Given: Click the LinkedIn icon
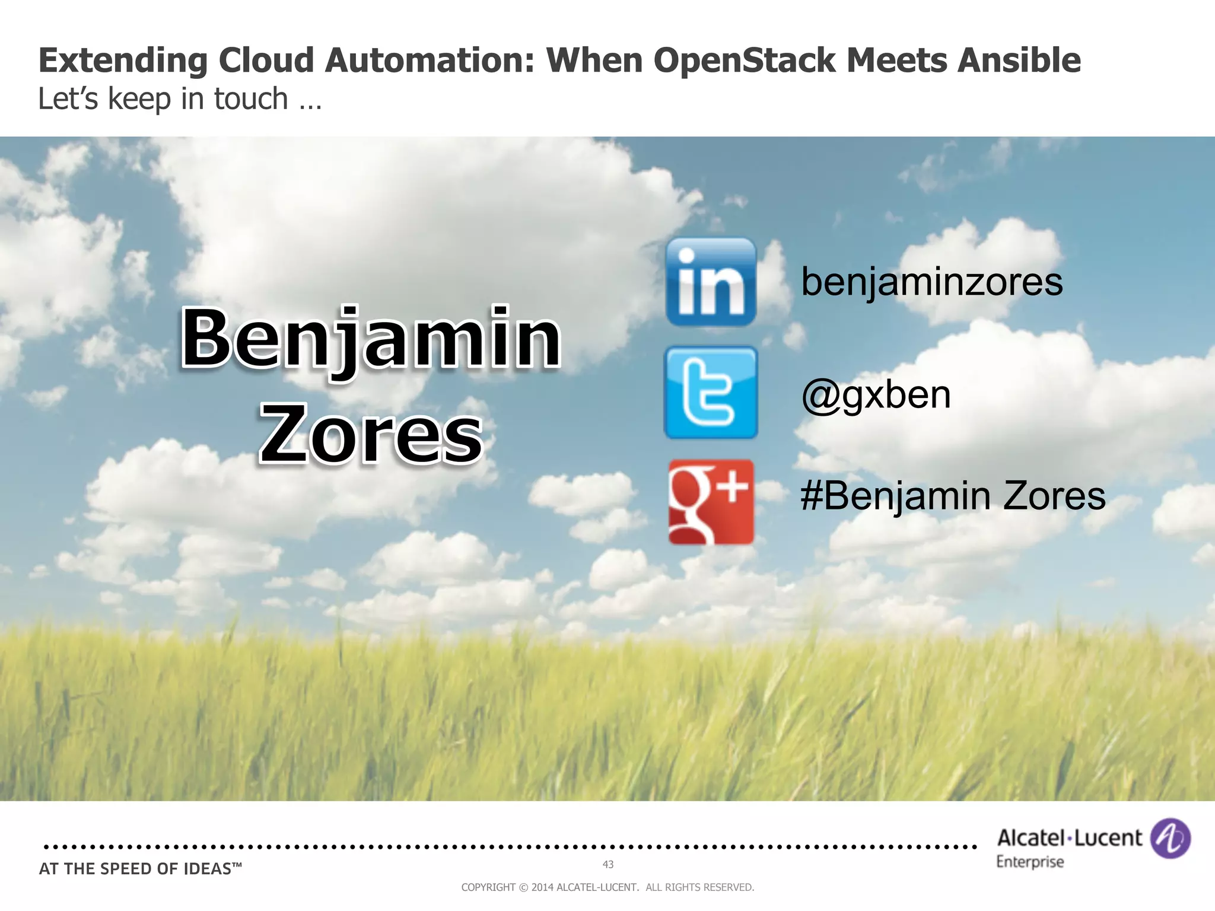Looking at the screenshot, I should [711, 282].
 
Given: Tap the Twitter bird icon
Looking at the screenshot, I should [711, 393].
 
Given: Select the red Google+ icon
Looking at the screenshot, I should [711, 502].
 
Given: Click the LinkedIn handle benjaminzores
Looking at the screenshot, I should [931, 282].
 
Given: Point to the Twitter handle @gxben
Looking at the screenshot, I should [876, 395].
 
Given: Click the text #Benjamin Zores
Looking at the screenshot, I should [953, 496].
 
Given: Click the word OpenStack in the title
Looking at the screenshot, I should [745, 60].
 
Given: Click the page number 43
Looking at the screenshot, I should [607, 865].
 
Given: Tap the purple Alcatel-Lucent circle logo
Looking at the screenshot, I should [1170, 838].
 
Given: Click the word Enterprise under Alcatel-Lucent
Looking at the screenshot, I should [1030, 862].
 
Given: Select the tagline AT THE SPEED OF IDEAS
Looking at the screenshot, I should [140, 869].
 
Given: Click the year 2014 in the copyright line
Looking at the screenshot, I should [542, 887].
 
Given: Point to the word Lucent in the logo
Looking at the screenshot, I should [1108, 838].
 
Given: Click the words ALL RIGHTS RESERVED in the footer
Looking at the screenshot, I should [699, 887].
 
